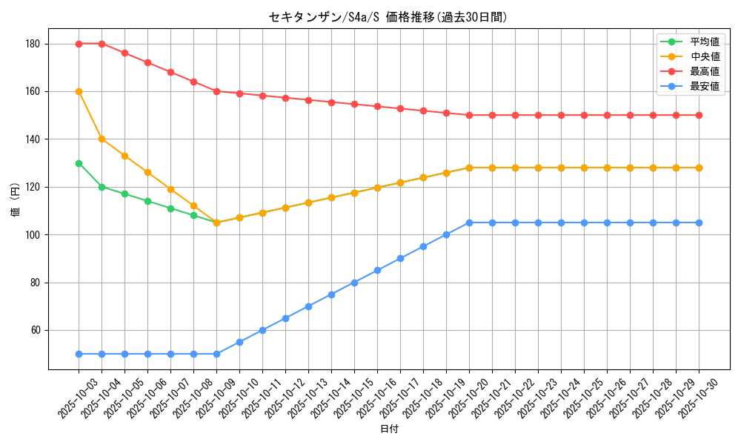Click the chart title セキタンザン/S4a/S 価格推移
point(388,17)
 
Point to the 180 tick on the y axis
point(33,44)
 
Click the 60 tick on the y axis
point(36,330)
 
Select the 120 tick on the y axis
point(33,187)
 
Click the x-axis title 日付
point(389,429)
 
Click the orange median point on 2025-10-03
point(79,91)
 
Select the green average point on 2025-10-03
point(79,163)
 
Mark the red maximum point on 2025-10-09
point(216,91)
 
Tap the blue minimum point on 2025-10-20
point(469,222)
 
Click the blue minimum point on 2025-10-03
point(79,354)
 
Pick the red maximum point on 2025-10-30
point(699,115)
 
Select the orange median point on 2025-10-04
point(102,139)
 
